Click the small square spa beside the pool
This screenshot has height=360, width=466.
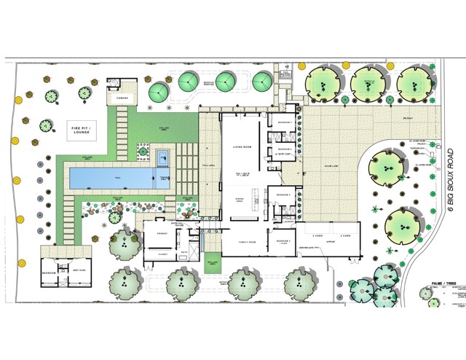click(x=162, y=155)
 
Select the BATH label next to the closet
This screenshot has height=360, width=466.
click(x=185, y=254)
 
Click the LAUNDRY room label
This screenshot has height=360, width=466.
click(x=284, y=220)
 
